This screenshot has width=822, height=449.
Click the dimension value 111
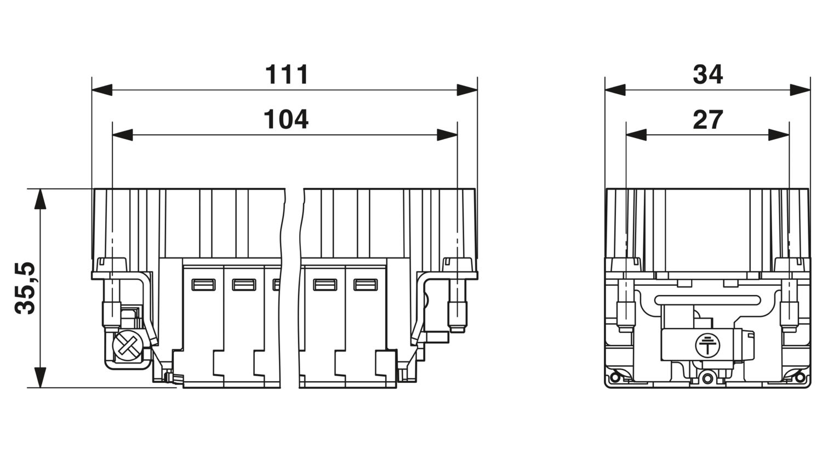point(287,75)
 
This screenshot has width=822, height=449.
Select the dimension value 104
point(286,119)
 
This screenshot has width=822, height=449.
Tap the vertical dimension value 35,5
point(25,289)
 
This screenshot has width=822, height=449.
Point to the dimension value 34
point(708,75)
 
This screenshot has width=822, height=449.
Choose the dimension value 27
point(708,119)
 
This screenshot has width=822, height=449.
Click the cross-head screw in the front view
point(127,345)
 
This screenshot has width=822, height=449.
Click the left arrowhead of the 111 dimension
point(102,90)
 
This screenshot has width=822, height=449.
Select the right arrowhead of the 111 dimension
point(467,90)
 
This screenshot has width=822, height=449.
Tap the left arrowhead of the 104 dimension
point(123,135)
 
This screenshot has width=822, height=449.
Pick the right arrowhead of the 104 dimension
point(447,135)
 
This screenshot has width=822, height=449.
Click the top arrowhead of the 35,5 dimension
point(41,199)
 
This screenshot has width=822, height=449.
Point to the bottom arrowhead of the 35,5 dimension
point(41,377)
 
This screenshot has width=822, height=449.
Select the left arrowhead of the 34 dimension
point(615,90)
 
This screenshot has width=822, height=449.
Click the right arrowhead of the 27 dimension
point(779,135)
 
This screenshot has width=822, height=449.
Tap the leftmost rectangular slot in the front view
point(204,285)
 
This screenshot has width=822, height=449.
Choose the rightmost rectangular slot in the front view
point(366,285)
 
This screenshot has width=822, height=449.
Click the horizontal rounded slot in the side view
point(707,300)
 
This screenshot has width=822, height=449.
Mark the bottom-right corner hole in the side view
point(800,377)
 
